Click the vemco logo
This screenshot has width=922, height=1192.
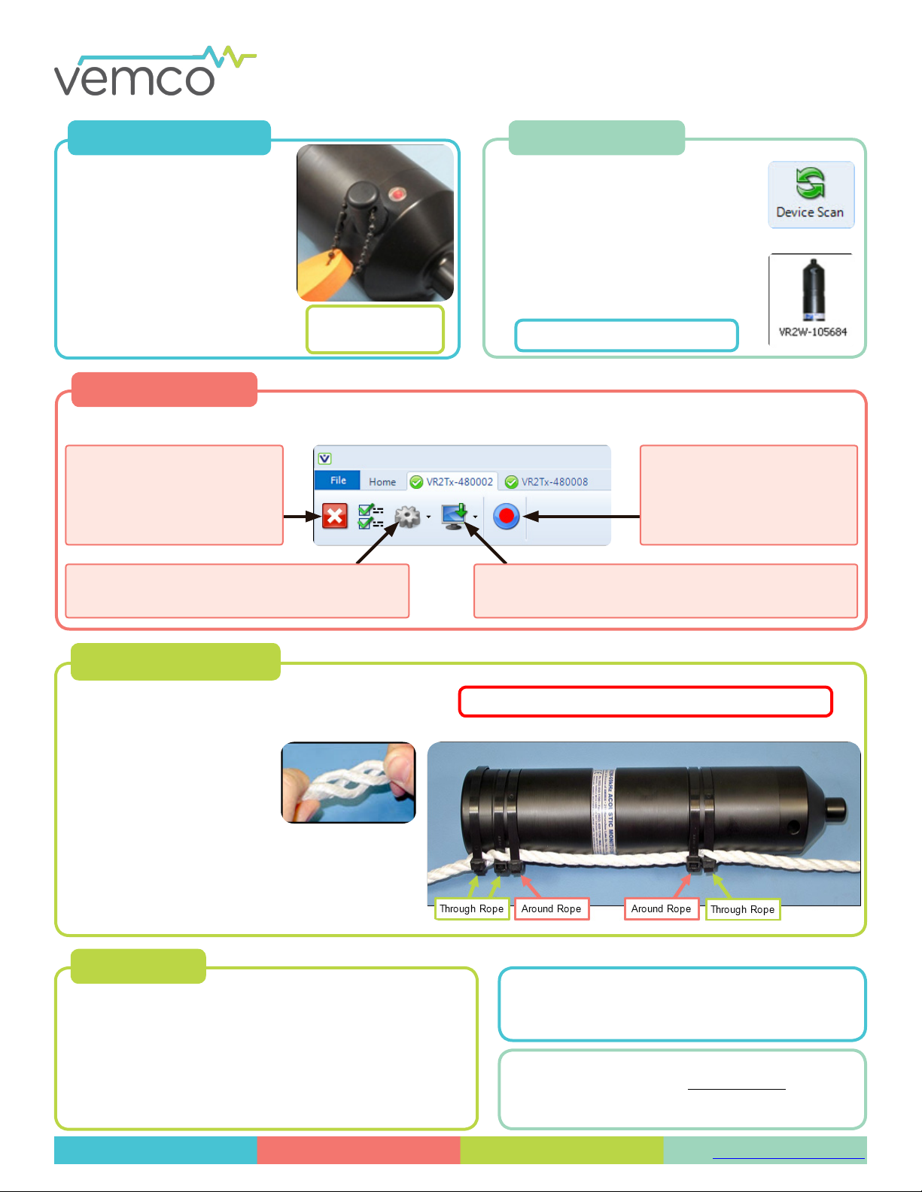[x=154, y=71]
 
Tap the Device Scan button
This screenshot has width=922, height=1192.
[x=811, y=195]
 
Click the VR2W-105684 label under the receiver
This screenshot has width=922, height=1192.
[x=812, y=332]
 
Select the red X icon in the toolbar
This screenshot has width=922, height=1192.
[x=335, y=517]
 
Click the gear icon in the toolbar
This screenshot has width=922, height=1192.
[x=407, y=517]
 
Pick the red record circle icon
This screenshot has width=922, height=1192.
[x=507, y=516]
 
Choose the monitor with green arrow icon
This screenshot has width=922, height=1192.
[x=455, y=517]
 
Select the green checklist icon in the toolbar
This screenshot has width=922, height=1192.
[x=370, y=517]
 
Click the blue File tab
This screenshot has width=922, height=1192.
[x=338, y=481]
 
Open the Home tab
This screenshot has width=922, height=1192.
[x=382, y=481]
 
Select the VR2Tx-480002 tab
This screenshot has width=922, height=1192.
[x=452, y=481]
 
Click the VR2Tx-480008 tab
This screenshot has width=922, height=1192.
[x=547, y=481]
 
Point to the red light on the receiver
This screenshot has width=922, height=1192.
[x=396, y=196]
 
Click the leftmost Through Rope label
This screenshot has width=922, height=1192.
[x=471, y=908]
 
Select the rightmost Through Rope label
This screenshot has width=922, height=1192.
[x=742, y=909]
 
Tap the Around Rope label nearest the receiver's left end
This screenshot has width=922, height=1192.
[x=551, y=908]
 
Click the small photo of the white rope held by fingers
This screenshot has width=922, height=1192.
[x=348, y=782]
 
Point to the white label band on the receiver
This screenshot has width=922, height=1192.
[x=604, y=812]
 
